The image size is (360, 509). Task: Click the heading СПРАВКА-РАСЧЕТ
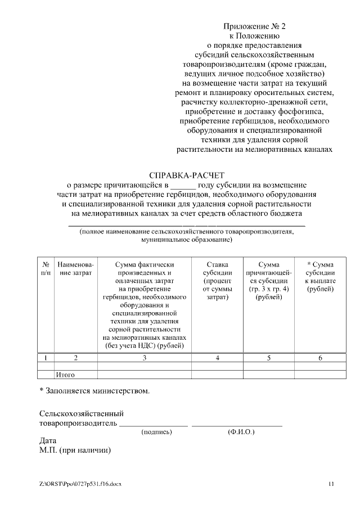pos(187,175)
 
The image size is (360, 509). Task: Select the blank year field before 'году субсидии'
pos(183,184)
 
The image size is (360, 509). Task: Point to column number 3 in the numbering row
pos(145,358)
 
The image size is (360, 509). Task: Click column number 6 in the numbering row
pos(320,358)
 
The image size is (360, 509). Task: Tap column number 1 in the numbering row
pos(46,358)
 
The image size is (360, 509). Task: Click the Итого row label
pos(65,374)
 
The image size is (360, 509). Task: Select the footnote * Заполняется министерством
pos(94,390)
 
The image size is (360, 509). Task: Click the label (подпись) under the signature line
pos(157,432)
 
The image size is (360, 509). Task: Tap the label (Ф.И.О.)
pos(241,432)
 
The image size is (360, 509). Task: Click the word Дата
pos(48,442)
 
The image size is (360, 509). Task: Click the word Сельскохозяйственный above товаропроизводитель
pos(82,413)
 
